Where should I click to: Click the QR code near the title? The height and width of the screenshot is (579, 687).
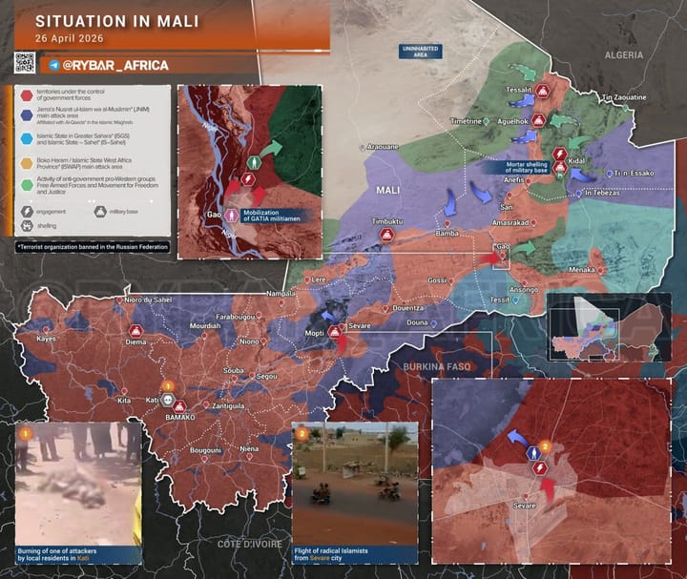[25, 63]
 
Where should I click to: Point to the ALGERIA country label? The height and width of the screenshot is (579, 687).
[624, 56]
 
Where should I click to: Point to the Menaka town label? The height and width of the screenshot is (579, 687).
[582, 270]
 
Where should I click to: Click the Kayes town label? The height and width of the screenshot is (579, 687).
[46, 339]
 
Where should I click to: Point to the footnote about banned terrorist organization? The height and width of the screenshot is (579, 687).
[94, 247]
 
